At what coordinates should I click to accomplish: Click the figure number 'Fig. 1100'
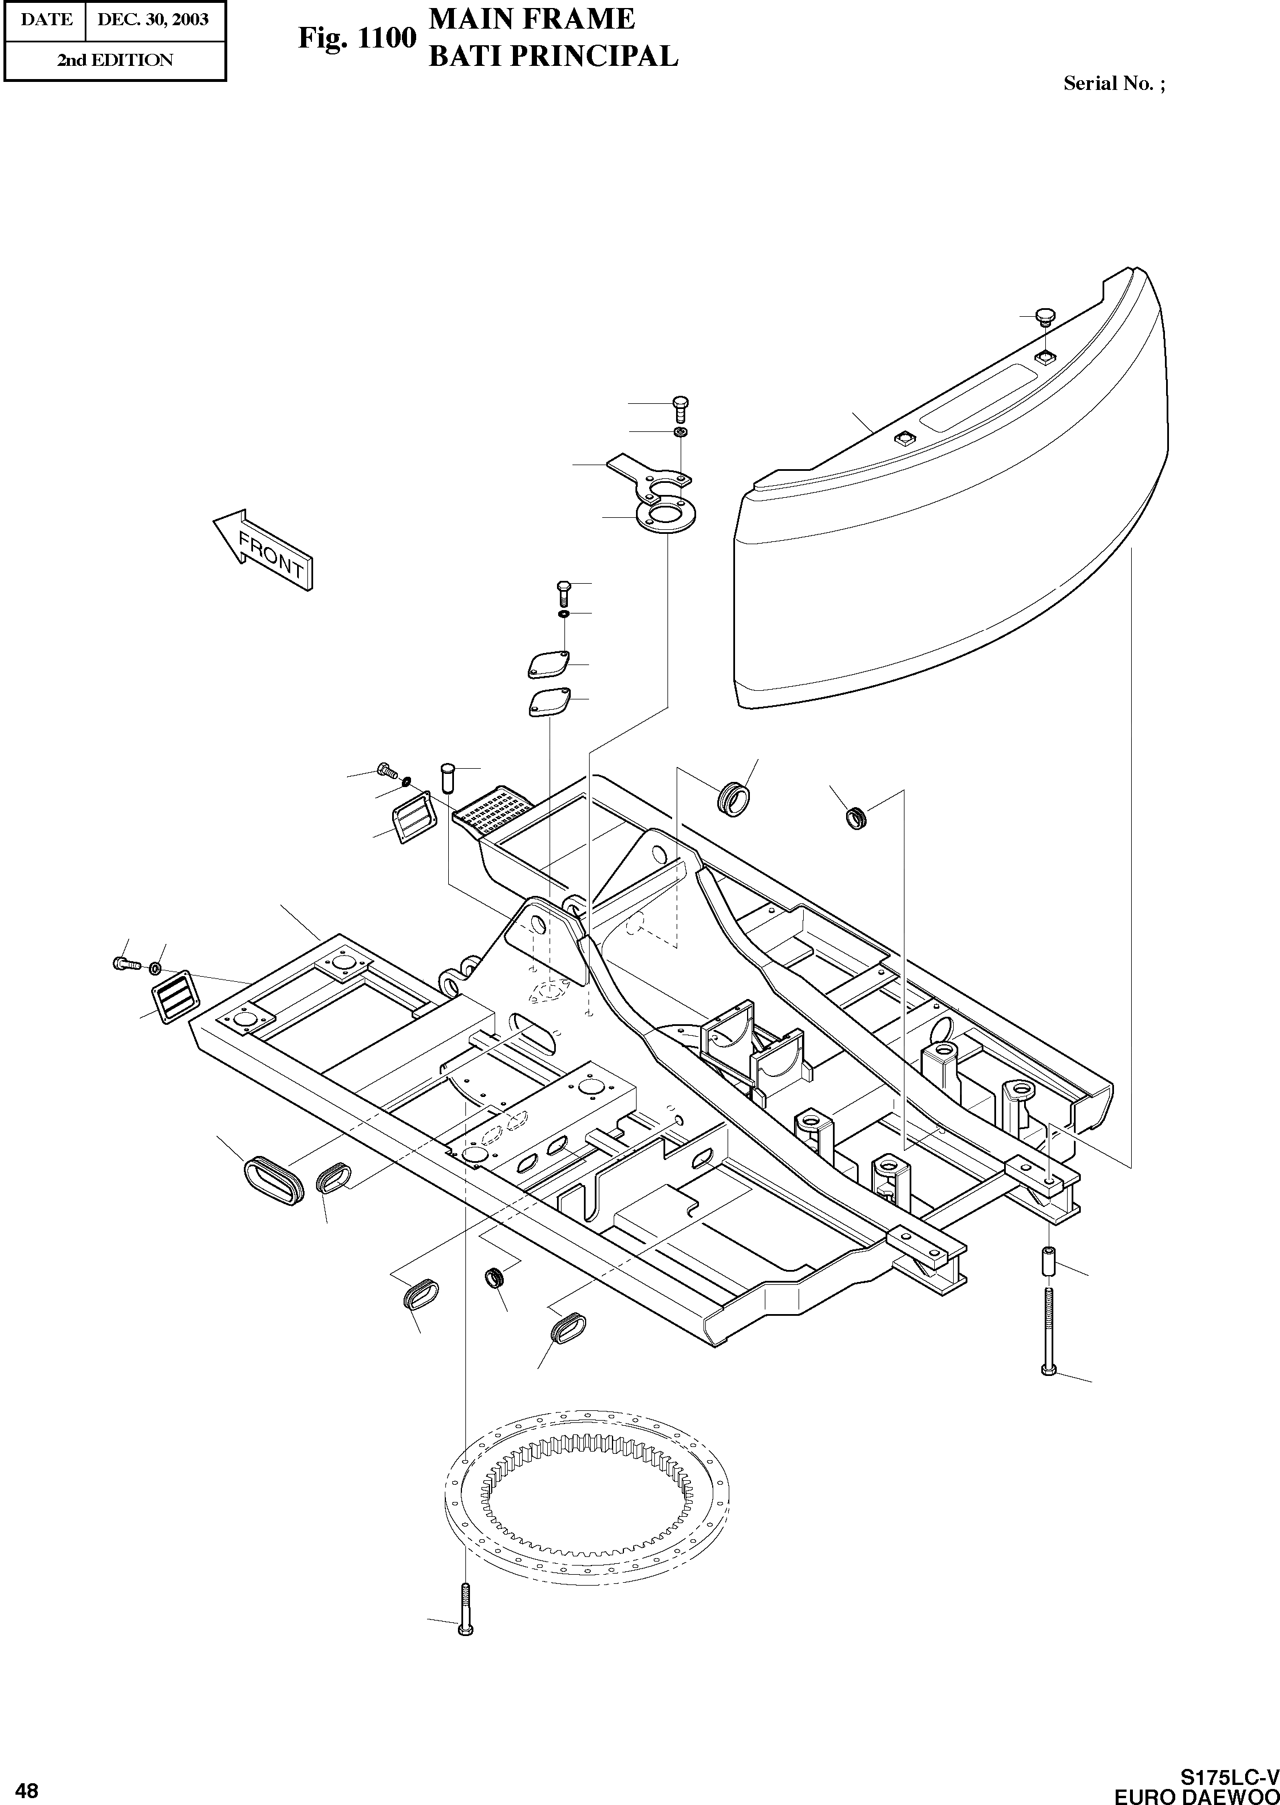tap(356, 38)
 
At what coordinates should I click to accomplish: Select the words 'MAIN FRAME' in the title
tap(531, 19)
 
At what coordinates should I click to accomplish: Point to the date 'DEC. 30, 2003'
tap(153, 19)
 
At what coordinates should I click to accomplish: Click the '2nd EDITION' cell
tap(114, 60)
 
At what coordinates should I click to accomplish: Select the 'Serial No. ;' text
tap(1113, 84)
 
